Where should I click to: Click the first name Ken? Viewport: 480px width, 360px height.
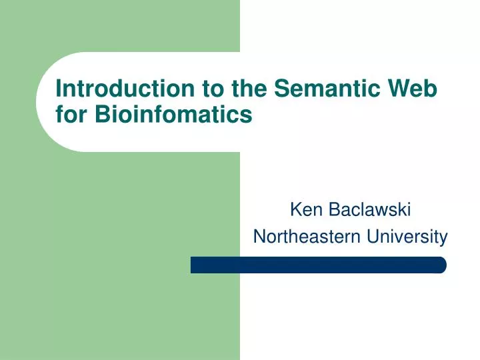click(x=304, y=211)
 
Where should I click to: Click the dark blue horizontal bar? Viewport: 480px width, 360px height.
click(x=318, y=265)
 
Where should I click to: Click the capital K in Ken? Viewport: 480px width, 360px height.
click(x=295, y=211)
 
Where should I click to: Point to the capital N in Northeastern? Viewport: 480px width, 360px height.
click(x=259, y=236)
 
